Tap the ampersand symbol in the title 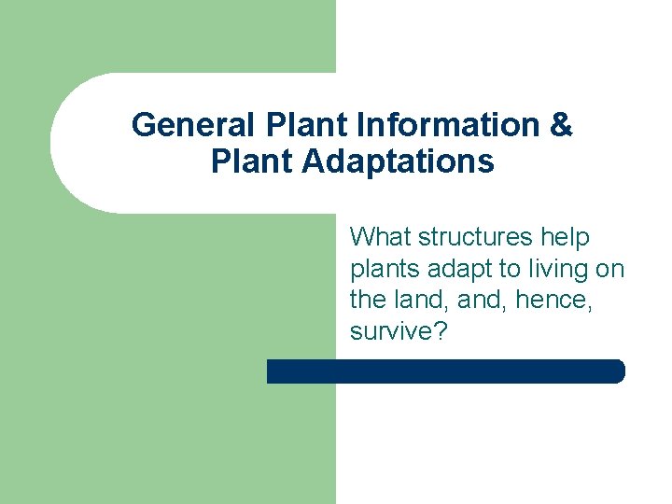tap(561, 125)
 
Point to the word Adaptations tap(398, 161)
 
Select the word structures tap(474, 238)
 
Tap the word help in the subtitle tap(566, 238)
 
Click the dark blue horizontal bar tap(445, 371)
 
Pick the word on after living tap(610, 270)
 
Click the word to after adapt tap(509, 270)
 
